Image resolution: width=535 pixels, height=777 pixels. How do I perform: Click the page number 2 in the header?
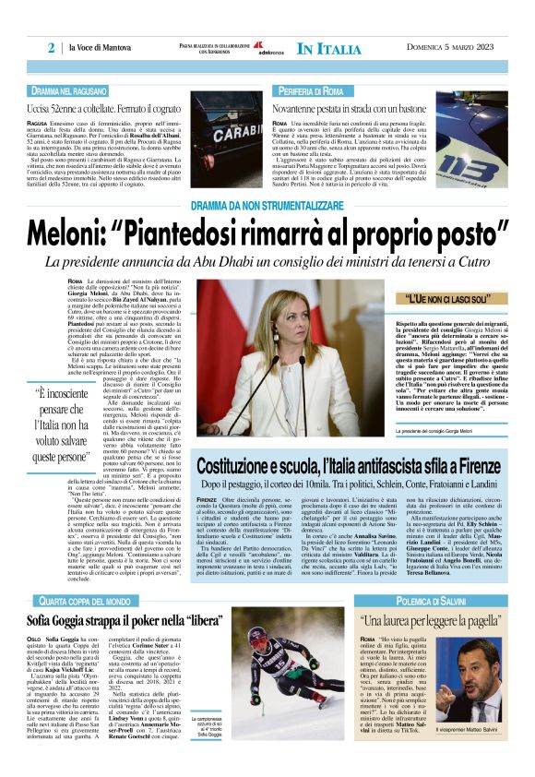point(52,48)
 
